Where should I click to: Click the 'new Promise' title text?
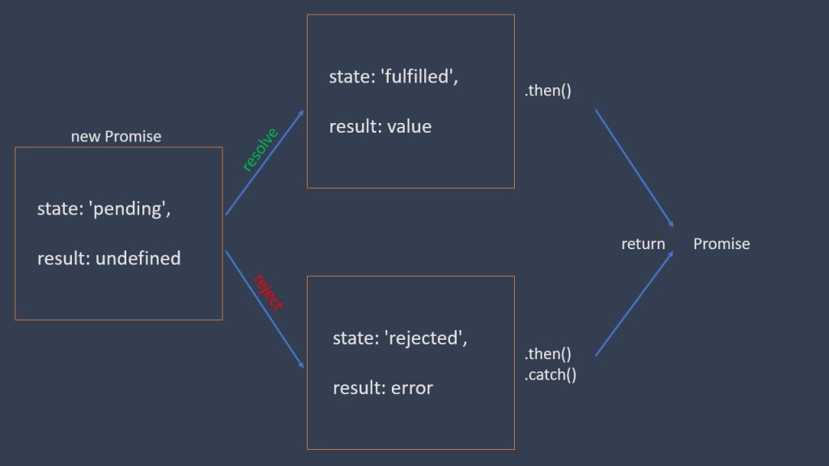click(x=116, y=136)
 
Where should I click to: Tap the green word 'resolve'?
click(x=260, y=149)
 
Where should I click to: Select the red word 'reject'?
click(x=268, y=293)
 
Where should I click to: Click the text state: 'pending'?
click(x=104, y=209)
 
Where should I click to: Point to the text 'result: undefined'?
click(x=108, y=259)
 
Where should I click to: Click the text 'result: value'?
click(x=380, y=127)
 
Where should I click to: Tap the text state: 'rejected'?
click(x=400, y=338)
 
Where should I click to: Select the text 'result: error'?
click(x=382, y=388)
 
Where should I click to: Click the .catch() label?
click(x=551, y=375)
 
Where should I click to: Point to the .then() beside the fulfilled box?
click(x=548, y=91)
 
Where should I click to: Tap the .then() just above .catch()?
click(x=548, y=354)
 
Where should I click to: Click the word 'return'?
click(x=643, y=244)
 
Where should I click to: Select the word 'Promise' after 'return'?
click(x=721, y=244)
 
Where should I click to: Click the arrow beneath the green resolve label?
click(x=265, y=163)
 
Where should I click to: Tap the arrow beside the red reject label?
click(x=265, y=309)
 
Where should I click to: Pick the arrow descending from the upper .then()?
click(x=635, y=168)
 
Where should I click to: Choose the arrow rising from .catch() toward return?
click(x=635, y=303)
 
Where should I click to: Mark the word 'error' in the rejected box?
click(x=412, y=388)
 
